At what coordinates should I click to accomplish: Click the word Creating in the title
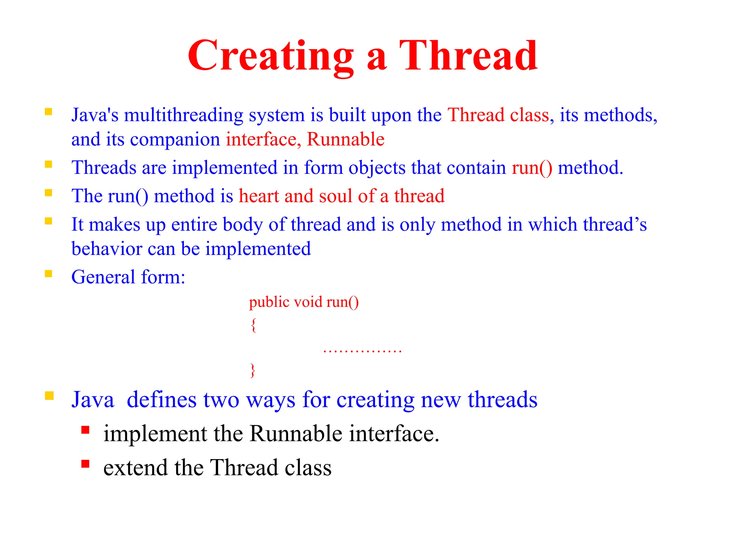[271, 56]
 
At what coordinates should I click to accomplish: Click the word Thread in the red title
[468, 56]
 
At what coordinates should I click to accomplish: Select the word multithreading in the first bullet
[184, 115]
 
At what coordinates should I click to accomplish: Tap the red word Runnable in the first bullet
[345, 139]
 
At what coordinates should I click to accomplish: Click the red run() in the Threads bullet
[532, 168]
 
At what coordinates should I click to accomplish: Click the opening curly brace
[253, 325]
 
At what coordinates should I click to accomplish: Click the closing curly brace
[253, 370]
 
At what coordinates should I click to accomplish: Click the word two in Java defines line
[221, 400]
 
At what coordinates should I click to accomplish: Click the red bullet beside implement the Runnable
[85, 430]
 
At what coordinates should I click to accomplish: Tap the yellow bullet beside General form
[48, 273]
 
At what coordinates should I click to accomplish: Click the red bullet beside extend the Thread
[85, 464]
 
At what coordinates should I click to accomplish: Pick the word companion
[175, 140]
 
